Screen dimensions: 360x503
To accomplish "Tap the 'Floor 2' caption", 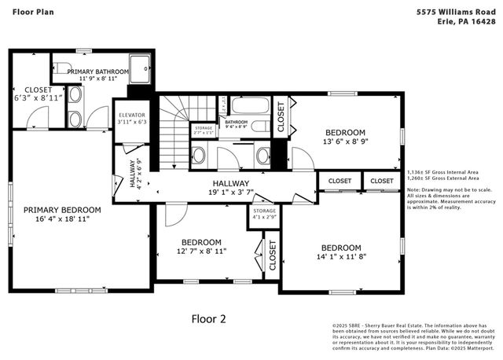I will pyautogui.click(x=209, y=318).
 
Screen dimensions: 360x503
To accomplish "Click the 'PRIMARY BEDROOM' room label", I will pyautogui.click(x=62, y=210).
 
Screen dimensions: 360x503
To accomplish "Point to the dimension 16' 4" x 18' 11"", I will pyautogui.click(x=62, y=220).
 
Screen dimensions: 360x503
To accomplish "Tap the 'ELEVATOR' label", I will pyautogui.click(x=131, y=112).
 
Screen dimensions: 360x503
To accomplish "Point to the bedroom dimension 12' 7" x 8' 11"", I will pyautogui.click(x=202, y=252).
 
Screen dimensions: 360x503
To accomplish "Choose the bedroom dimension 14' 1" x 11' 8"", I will pyautogui.click(x=340, y=257).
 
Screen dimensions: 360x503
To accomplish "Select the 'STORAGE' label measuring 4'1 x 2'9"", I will pyautogui.click(x=263, y=211).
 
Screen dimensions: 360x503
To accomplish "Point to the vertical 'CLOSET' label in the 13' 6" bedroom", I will pyautogui.click(x=281, y=116).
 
